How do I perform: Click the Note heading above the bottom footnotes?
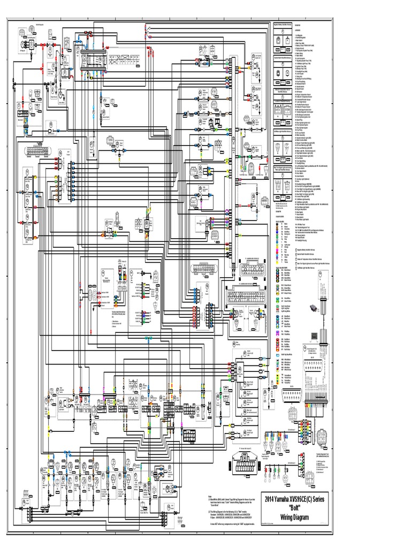(210, 496)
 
